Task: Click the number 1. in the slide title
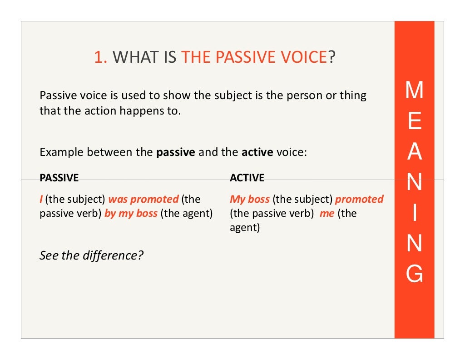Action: pos(100,58)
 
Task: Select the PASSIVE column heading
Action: pos(59,178)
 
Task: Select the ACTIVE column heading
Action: pos(247,178)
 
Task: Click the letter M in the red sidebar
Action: pos(414,90)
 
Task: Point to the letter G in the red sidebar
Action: pos(414,274)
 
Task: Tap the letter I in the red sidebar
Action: pos(414,214)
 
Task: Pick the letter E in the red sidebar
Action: pos(414,122)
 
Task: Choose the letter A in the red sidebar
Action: pos(414,153)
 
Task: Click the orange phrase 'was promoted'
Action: pos(143,199)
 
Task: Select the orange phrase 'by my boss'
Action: pos(131,213)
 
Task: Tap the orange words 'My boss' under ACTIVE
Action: pos(250,199)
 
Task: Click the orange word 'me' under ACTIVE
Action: pos(327,213)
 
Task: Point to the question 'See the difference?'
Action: pos(91,255)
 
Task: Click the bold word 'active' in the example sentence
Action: pos(257,152)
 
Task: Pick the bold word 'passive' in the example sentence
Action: pos(176,152)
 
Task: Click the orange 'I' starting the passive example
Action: pos(41,199)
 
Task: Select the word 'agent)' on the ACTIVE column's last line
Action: pos(245,227)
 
